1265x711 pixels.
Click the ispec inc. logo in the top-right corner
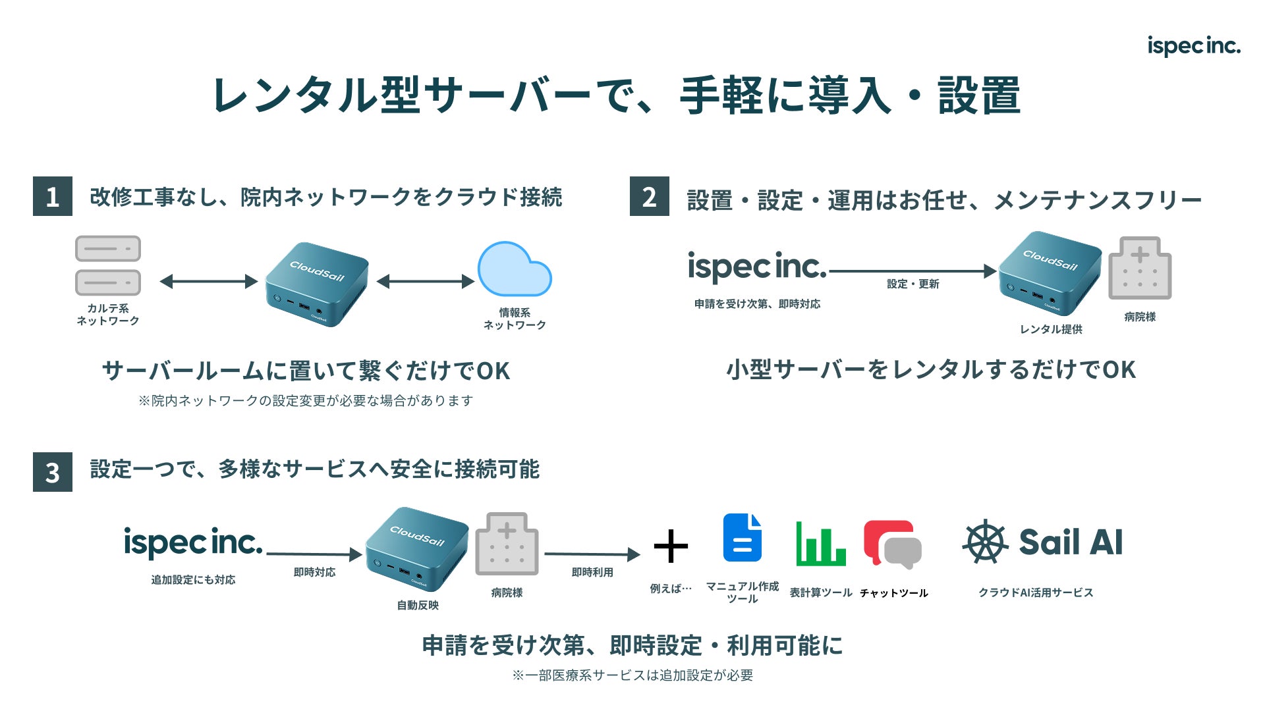[1193, 46]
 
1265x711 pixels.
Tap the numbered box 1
[53, 196]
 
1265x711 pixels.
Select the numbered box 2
[649, 196]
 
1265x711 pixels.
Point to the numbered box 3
[53, 472]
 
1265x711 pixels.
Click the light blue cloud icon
[514, 270]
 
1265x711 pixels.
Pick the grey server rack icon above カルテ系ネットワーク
[108, 265]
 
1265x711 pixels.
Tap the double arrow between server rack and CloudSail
[208, 282]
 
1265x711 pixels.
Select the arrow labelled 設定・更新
[913, 271]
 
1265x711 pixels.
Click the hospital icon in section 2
[1140, 269]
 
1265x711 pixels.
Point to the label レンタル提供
[1051, 329]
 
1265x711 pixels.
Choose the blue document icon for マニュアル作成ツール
[743, 538]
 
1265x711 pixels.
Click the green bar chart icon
[820, 544]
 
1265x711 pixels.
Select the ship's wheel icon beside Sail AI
[986, 542]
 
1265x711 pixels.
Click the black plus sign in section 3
[671, 546]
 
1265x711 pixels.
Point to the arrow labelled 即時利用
[592, 554]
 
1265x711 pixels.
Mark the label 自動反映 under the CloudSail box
[418, 605]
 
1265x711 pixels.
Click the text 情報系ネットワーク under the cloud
[515, 319]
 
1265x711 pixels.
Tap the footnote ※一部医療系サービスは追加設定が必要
[632, 675]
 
